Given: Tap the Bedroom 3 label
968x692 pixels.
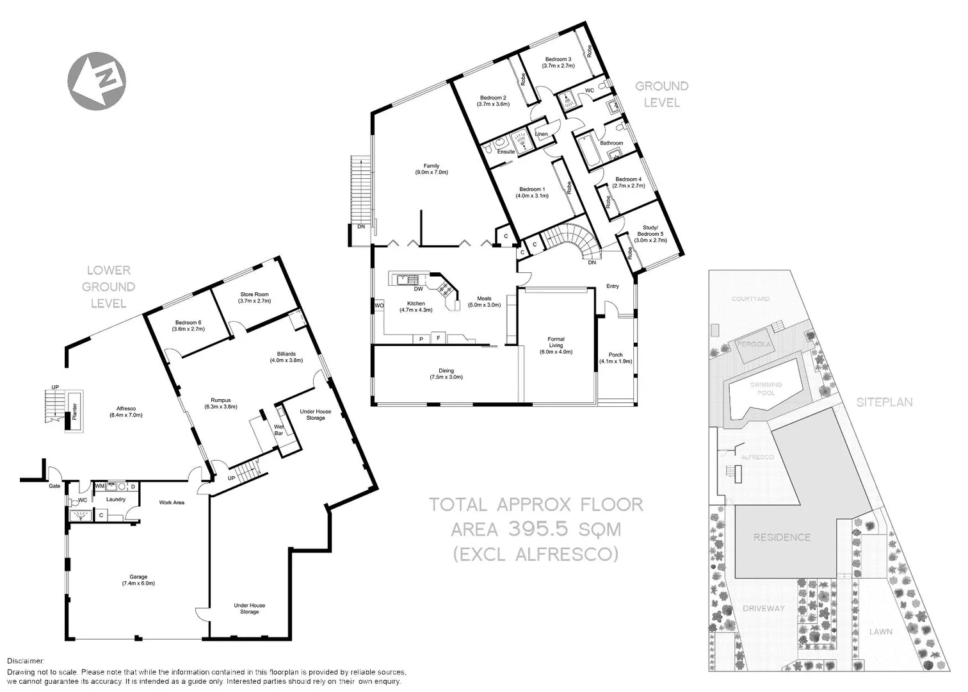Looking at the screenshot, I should click(558, 62).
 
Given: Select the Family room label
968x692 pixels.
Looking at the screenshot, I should click(431, 169).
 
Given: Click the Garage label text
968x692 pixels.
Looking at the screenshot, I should click(138, 580).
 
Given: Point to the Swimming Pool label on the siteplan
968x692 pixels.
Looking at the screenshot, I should click(762, 388).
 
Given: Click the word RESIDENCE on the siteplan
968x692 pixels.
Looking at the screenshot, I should click(782, 537).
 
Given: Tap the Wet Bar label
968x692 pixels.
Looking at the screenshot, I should click(279, 429).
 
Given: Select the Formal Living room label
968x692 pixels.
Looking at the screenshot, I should click(556, 345).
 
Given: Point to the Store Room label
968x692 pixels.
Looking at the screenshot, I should click(254, 297).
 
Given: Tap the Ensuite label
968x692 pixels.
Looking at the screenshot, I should click(506, 152).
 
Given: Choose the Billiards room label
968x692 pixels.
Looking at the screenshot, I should click(286, 357).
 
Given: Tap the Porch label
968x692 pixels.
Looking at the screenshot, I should click(615, 358).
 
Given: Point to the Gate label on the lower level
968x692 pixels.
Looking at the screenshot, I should click(54, 486).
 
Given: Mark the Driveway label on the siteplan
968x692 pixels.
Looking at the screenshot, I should click(764, 608).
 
